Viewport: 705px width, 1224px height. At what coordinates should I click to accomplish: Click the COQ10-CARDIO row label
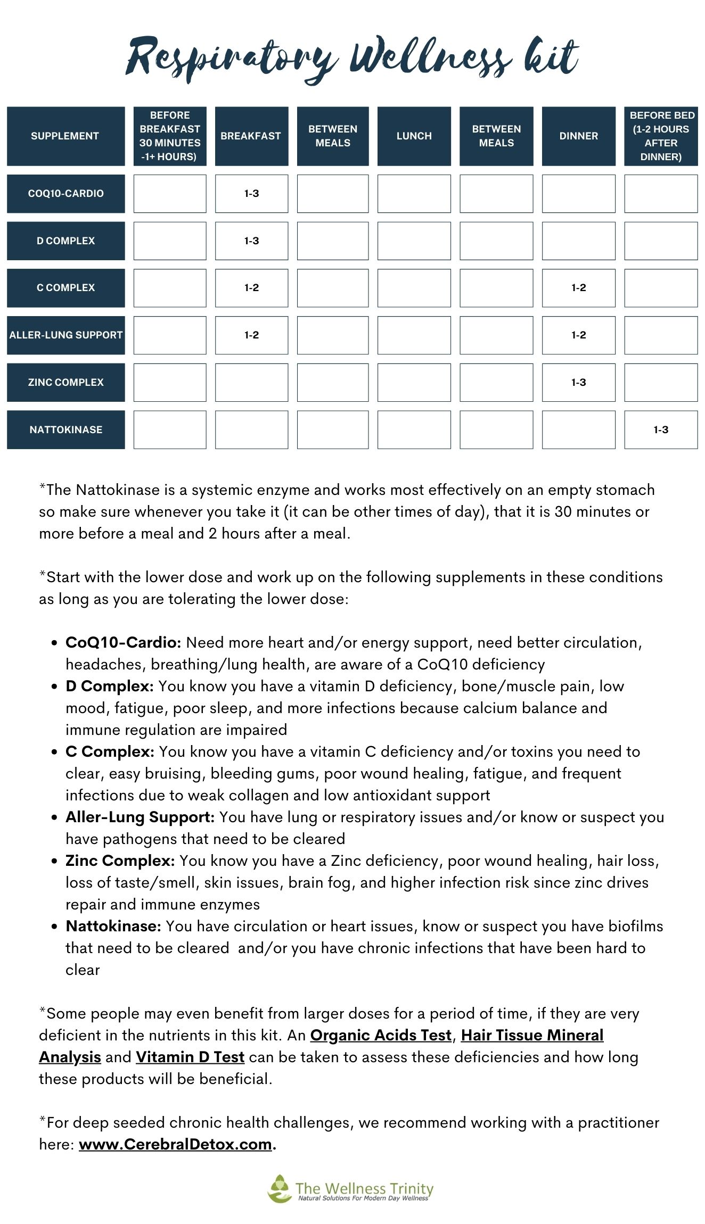65,193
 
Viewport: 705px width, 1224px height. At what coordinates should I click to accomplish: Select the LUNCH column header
414,136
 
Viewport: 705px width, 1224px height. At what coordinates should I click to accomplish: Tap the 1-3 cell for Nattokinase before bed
660,429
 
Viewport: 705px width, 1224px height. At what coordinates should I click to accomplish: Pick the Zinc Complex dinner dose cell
578,382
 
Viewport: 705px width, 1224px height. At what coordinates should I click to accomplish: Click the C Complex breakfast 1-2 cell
251,287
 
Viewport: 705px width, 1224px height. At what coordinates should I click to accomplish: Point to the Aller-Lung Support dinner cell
578,335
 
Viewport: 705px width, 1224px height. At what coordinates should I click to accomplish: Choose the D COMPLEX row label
65,241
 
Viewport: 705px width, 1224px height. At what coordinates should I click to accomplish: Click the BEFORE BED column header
661,136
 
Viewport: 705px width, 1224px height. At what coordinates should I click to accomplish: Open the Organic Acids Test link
381,1035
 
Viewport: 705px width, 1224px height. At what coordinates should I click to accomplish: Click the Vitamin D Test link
190,1057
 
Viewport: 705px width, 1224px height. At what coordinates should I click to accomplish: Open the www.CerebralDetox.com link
175,1144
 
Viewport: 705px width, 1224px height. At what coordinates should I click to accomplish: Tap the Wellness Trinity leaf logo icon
279,1188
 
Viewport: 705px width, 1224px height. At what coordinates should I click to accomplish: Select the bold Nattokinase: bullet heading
113,926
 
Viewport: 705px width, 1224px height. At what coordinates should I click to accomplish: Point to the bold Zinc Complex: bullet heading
120,861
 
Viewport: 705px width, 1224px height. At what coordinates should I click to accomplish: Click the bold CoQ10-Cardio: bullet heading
123,642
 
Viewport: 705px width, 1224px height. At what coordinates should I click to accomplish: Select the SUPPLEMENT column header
65,136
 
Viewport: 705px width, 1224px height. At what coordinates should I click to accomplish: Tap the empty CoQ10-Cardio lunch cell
414,193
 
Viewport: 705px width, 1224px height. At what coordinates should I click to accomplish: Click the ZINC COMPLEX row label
65,382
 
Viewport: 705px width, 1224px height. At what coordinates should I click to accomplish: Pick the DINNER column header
578,136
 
